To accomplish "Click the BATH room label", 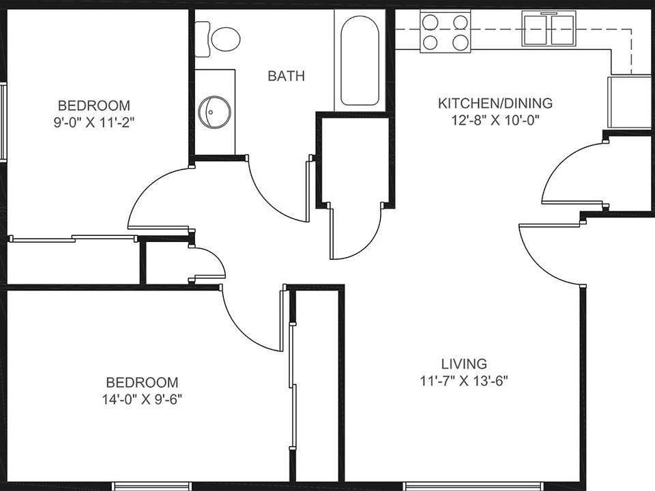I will [x=286, y=76].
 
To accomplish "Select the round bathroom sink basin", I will [x=214, y=111].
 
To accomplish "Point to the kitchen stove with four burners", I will [x=446, y=32].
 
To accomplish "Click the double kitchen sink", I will [x=549, y=29].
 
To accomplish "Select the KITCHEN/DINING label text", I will [x=495, y=104].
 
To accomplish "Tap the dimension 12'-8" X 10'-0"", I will [x=495, y=121].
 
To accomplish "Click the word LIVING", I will [x=463, y=363].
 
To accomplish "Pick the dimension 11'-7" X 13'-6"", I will [x=464, y=381].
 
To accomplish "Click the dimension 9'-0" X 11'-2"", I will [x=93, y=123].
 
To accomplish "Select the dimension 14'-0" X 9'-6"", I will [x=142, y=400].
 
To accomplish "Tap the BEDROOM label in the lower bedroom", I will [x=142, y=383].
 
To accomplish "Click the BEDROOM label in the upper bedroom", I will [x=93, y=106].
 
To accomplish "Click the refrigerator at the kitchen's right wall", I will [x=629, y=102].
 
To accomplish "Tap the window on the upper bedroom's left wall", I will [x=3, y=121].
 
